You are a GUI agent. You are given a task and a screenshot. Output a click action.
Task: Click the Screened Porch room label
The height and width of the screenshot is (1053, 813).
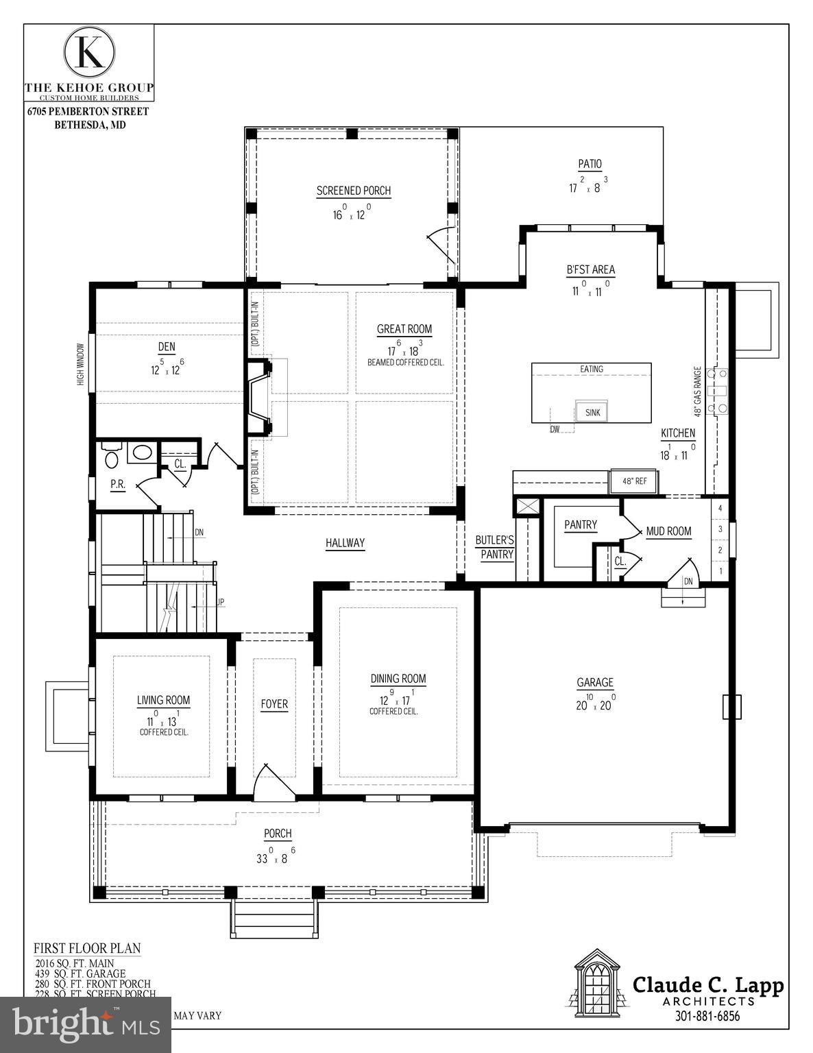pos(354,191)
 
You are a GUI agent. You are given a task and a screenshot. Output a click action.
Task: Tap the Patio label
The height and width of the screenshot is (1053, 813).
pos(590,165)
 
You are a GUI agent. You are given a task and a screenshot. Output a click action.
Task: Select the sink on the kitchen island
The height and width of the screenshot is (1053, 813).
pos(592,412)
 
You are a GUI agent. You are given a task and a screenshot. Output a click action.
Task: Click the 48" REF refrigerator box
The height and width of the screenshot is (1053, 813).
pos(633,481)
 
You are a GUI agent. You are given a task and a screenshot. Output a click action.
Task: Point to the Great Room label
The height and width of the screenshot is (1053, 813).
pos(404,329)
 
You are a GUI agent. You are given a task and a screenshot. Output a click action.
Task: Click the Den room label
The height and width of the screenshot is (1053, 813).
pos(167,348)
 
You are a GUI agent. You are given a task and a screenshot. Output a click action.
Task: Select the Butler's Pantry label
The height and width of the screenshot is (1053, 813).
pos(495,547)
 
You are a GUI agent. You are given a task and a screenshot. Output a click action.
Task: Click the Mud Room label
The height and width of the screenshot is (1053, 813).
pos(668,531)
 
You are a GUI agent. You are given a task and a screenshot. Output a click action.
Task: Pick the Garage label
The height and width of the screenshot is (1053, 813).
pos(594,683)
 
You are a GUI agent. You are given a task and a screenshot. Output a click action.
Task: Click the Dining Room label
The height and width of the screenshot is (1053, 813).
pos(398,679)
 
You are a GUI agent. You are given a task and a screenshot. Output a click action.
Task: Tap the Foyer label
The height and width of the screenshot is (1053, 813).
pos(274,704)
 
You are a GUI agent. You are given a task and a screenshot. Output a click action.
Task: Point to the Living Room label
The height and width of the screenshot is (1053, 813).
pos(163,700)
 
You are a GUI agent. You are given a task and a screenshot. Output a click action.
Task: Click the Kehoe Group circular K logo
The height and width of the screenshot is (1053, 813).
pos(89,52)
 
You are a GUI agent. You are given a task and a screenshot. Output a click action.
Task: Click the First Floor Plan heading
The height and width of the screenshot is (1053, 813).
pos(87,949)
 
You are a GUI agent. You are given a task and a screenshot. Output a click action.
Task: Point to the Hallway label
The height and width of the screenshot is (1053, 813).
pos(345,543)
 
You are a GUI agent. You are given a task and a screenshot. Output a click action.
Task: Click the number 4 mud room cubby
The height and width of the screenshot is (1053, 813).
pos(720,509)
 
